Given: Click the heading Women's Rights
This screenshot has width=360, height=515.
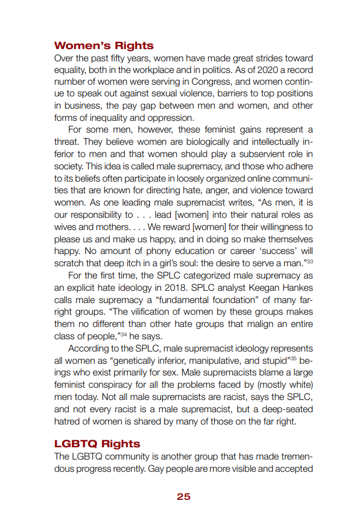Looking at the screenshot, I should tap(104, 46).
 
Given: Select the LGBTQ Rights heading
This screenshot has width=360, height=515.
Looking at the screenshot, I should tap(97, 444).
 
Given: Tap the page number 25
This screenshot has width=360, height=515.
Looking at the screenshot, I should tap(183, 496).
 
